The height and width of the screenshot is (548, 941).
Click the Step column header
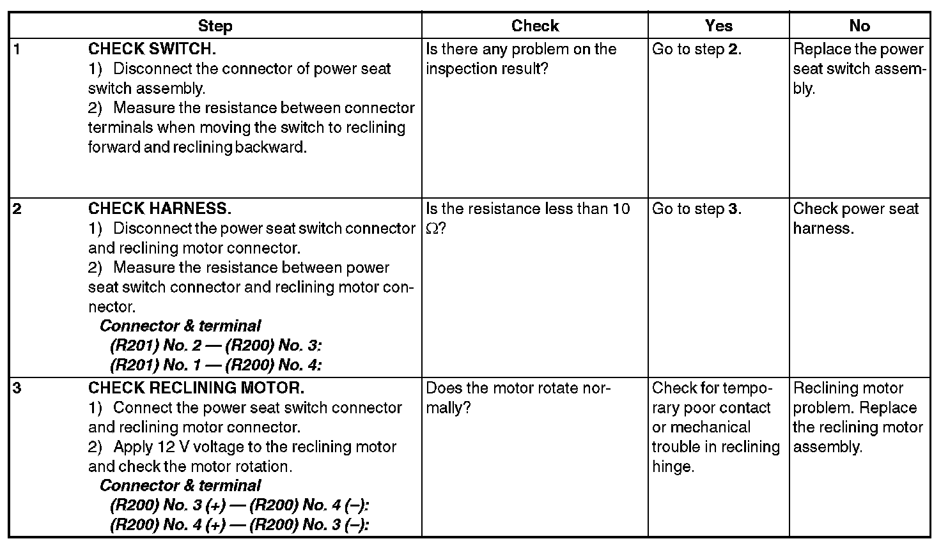pos(215,26)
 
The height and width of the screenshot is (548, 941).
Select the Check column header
pos(535,26)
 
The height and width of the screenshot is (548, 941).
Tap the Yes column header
pos(719,26)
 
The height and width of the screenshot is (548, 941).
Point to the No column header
pos(859,26)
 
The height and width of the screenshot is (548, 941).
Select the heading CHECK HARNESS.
pos(159,209)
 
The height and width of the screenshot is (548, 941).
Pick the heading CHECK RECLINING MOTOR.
pos(196,388)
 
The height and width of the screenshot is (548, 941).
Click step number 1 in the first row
pos(17,49)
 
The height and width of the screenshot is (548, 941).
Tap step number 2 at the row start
pos(17,209)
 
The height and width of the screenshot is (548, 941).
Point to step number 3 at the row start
pos(17,388)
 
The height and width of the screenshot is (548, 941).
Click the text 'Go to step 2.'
pos(697,49)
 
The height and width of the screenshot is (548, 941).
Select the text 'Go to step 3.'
pos(697,209)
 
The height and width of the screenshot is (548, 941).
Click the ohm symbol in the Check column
pos(432,229)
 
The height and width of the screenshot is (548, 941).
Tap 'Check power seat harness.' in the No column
pos(855,218)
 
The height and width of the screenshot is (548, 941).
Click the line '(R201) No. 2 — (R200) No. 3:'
pos(215,346)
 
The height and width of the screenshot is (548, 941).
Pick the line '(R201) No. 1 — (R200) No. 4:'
pos(215,365)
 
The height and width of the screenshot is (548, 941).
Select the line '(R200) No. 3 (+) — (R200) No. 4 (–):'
pos(240,505)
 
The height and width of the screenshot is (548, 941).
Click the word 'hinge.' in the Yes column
pos(673,466)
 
